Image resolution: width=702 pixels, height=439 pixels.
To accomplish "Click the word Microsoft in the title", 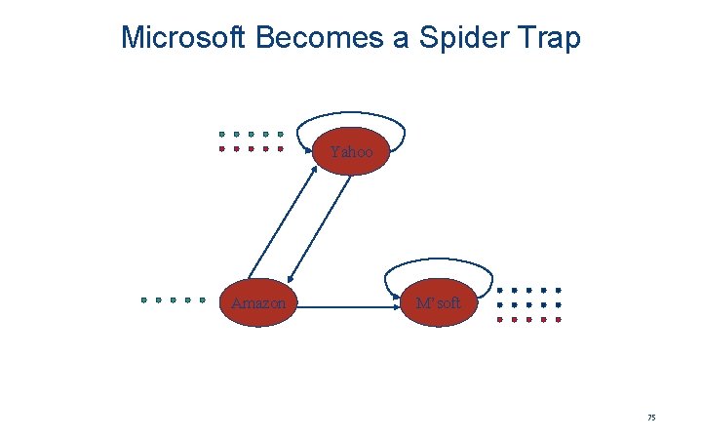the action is coord(183,38).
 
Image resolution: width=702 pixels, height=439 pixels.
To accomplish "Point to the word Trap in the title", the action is coord(551,39).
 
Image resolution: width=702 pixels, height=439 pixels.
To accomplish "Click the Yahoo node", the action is coord(351,152).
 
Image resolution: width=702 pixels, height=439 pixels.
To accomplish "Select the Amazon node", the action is coord(258,303).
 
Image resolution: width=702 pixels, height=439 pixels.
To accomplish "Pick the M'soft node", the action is coord(438,303).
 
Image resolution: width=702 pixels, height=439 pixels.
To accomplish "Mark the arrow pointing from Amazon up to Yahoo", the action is coord(282,219).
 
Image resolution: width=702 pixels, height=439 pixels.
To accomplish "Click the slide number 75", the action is coord(651,418).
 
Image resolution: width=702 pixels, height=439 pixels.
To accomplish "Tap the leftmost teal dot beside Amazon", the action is coord(143,299).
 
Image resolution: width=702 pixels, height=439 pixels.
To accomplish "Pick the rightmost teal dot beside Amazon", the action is coord(202,299).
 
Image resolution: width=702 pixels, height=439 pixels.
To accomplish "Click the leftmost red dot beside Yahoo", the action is coord(222,149).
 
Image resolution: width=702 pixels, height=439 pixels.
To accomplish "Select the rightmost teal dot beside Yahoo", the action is coord(281,134).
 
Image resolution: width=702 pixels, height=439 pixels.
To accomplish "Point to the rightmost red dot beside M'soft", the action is coord(559,319).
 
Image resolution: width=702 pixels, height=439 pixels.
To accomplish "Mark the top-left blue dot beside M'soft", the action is coord(500,291).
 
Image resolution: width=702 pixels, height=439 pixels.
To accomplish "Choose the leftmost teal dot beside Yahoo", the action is coord(222,134).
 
